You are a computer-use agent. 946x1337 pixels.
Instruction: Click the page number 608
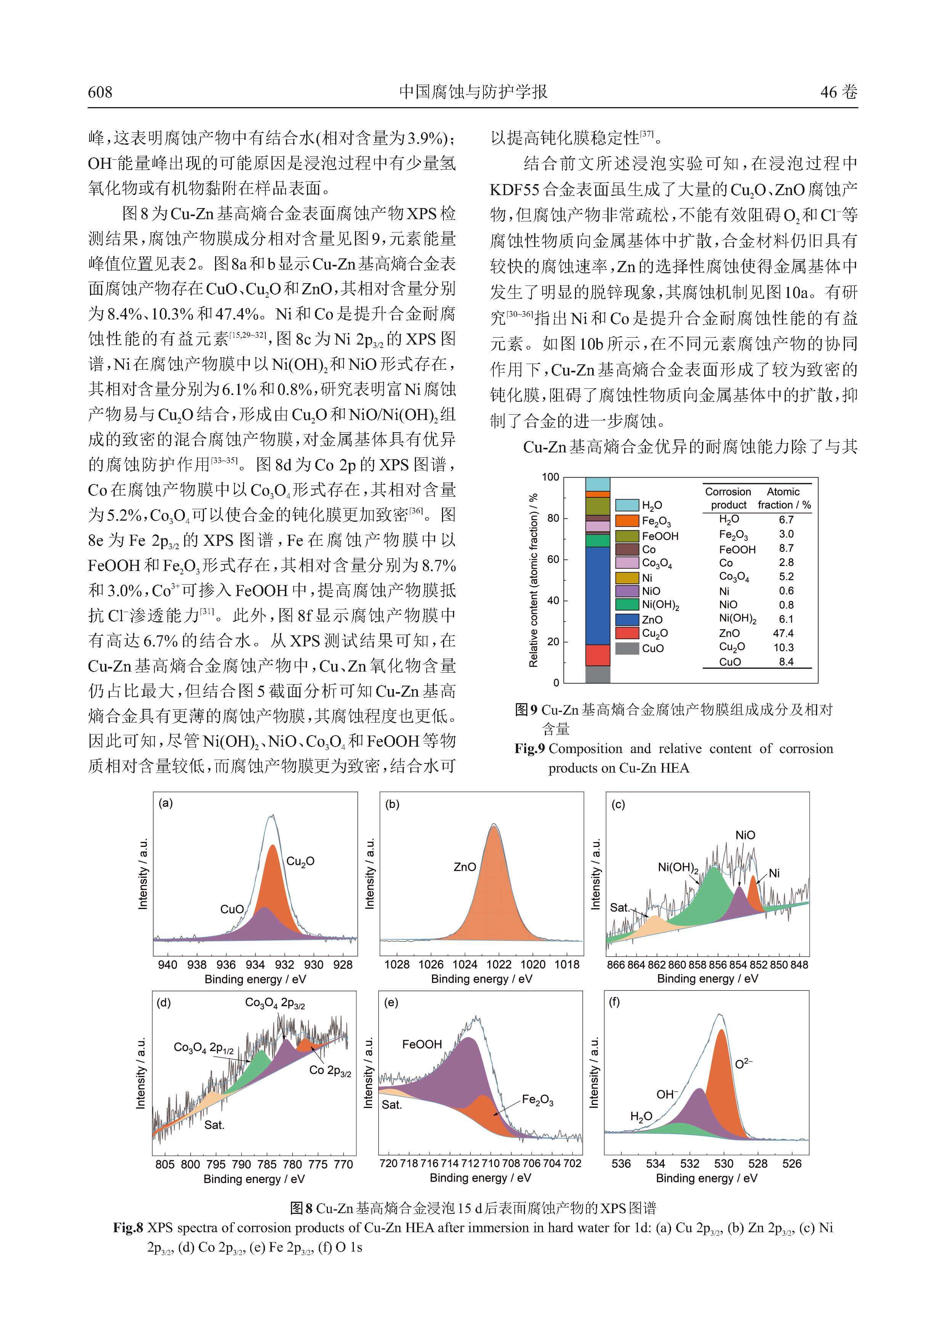pyautogui.click(x=100, y=92)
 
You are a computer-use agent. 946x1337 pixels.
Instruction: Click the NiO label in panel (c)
pyautogui.click(x=745, y=835)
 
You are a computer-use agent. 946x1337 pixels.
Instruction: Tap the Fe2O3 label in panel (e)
pyautogui.click(x=537, y=1100)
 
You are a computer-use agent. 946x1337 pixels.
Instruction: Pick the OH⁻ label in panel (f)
pyautogui.click(x=667, y=1095)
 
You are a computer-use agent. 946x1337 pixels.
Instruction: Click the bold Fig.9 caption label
pyautogui.click(x=529, y=749)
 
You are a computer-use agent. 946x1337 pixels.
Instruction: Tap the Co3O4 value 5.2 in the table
pyautogui.click(x=786, y=577)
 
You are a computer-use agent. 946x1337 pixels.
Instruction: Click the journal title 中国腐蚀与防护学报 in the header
pyautogui.click(x=472, y=92)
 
